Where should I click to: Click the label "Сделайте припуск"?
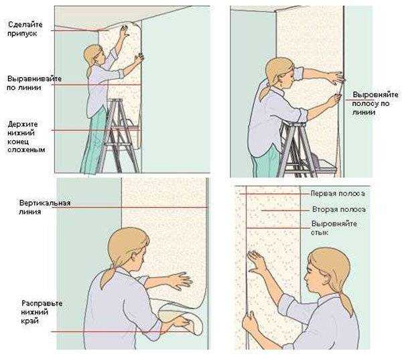(25, 29)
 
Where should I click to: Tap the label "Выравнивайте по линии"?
(34, 82)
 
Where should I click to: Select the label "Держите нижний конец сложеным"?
(26, 137)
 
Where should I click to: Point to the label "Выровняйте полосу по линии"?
(375, 103)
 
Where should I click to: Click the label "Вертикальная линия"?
(45, 207)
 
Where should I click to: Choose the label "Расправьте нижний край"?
(42, 312)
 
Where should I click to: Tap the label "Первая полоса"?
(338, 193)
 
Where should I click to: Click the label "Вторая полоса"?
(338, 209)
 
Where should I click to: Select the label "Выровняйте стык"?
(334, 228)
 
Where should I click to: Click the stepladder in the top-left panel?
(119, 135)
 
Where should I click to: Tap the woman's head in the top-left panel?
(94, 55)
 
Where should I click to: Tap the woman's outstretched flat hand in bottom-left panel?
(180, 281)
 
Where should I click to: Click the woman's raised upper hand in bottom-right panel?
(257, 261)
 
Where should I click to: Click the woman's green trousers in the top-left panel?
(94, 143)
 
